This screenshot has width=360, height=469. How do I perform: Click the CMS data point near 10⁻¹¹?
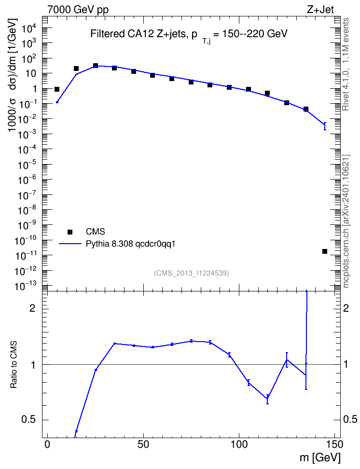tap(325, 251)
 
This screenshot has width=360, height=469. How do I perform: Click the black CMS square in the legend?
tap(70, 232)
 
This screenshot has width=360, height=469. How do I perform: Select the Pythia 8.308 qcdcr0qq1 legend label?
tap(130, 244)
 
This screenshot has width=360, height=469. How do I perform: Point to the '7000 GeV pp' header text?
tap(78, 10)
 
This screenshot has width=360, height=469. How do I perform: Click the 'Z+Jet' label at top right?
tap(320, 10)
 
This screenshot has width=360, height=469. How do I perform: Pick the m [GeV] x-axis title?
tap(320, 457)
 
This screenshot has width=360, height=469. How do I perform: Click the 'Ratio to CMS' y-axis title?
tap(14, 365)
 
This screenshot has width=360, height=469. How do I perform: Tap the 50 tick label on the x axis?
tap(143, 444)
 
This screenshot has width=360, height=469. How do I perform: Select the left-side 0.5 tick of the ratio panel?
tap(28, 420)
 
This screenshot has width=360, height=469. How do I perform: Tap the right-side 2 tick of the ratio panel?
tap(346, 308)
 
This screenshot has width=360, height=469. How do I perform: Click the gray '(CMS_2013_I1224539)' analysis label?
tap(192, 273)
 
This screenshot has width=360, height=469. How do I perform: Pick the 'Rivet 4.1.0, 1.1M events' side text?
tap(346, 64)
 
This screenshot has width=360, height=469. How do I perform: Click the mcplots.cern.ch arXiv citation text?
tap(346, 221)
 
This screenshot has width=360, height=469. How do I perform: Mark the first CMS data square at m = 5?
tap(57, 89)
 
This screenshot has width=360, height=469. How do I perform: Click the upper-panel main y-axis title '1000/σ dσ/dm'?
tap(13, 75)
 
